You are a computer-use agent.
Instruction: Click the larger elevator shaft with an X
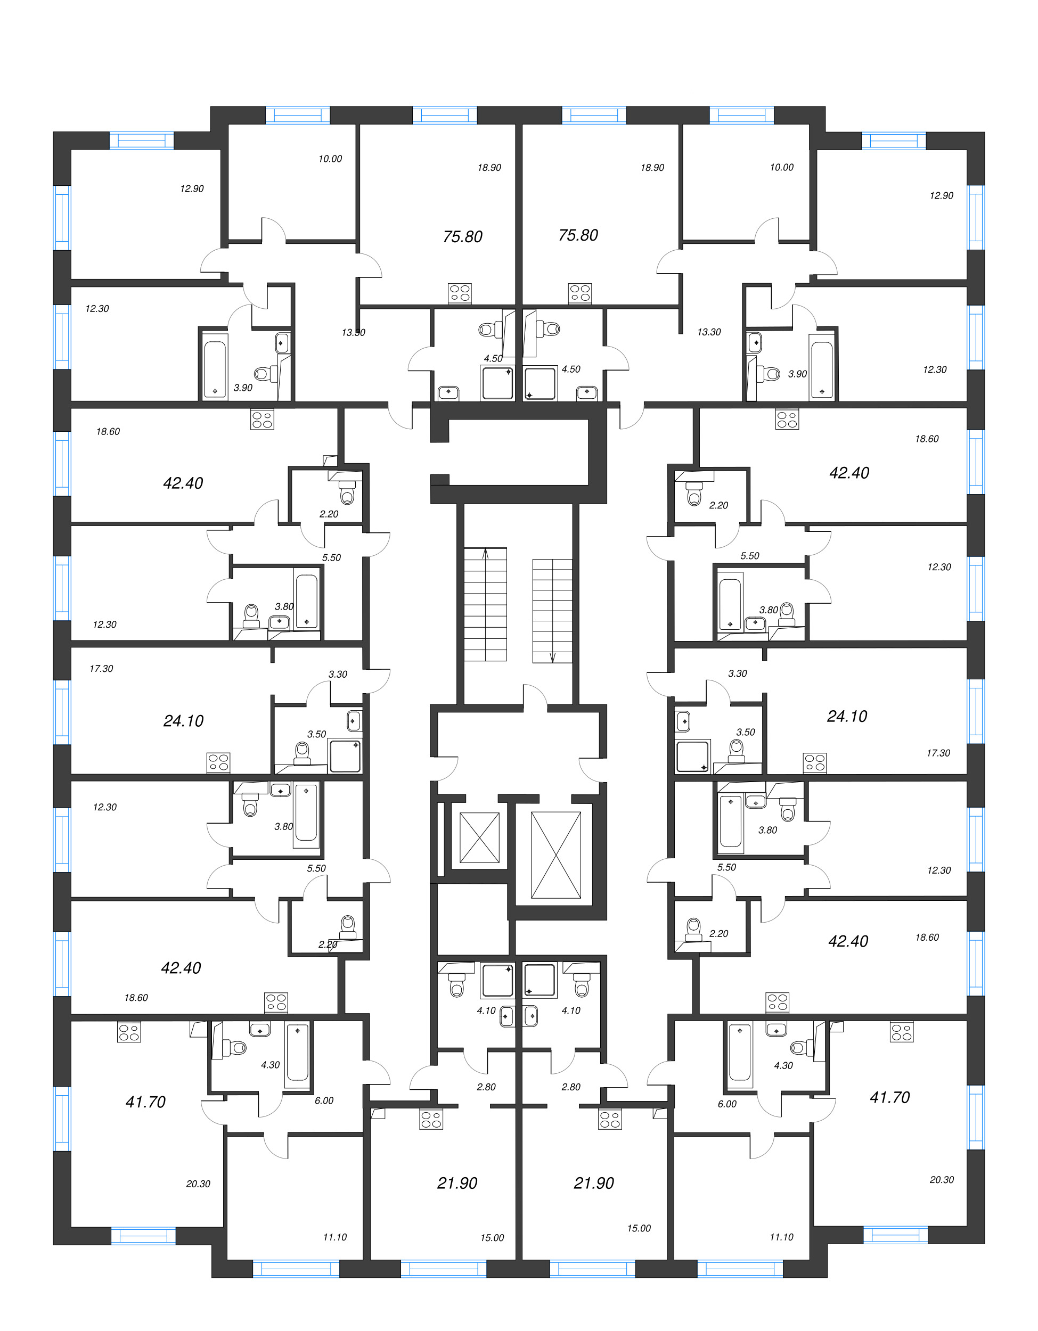click(x=556, y=855)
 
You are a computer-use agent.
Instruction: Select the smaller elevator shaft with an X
click(x=479, y=837)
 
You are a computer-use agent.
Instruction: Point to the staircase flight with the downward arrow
click(x=552, y=611)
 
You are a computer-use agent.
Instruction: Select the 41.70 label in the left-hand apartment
click(x=146, y=1102)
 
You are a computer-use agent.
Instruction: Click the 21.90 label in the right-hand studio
click(x=594, y=1183)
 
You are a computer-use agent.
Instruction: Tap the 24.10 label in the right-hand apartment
click(x=847, y=716)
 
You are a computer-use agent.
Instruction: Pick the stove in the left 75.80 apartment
click(x=460, y=293)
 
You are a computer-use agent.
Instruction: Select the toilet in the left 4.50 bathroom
click(x=488, y=330)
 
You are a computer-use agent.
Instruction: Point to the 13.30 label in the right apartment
click(x=709, y=332)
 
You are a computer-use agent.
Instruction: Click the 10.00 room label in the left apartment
click(x=330, y=159)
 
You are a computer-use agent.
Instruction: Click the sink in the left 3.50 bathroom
click(x=354, y=721)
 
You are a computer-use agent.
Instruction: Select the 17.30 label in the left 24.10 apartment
click(x=101, y=669)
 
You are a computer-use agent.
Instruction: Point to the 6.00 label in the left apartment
click(x=324, y=1100)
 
